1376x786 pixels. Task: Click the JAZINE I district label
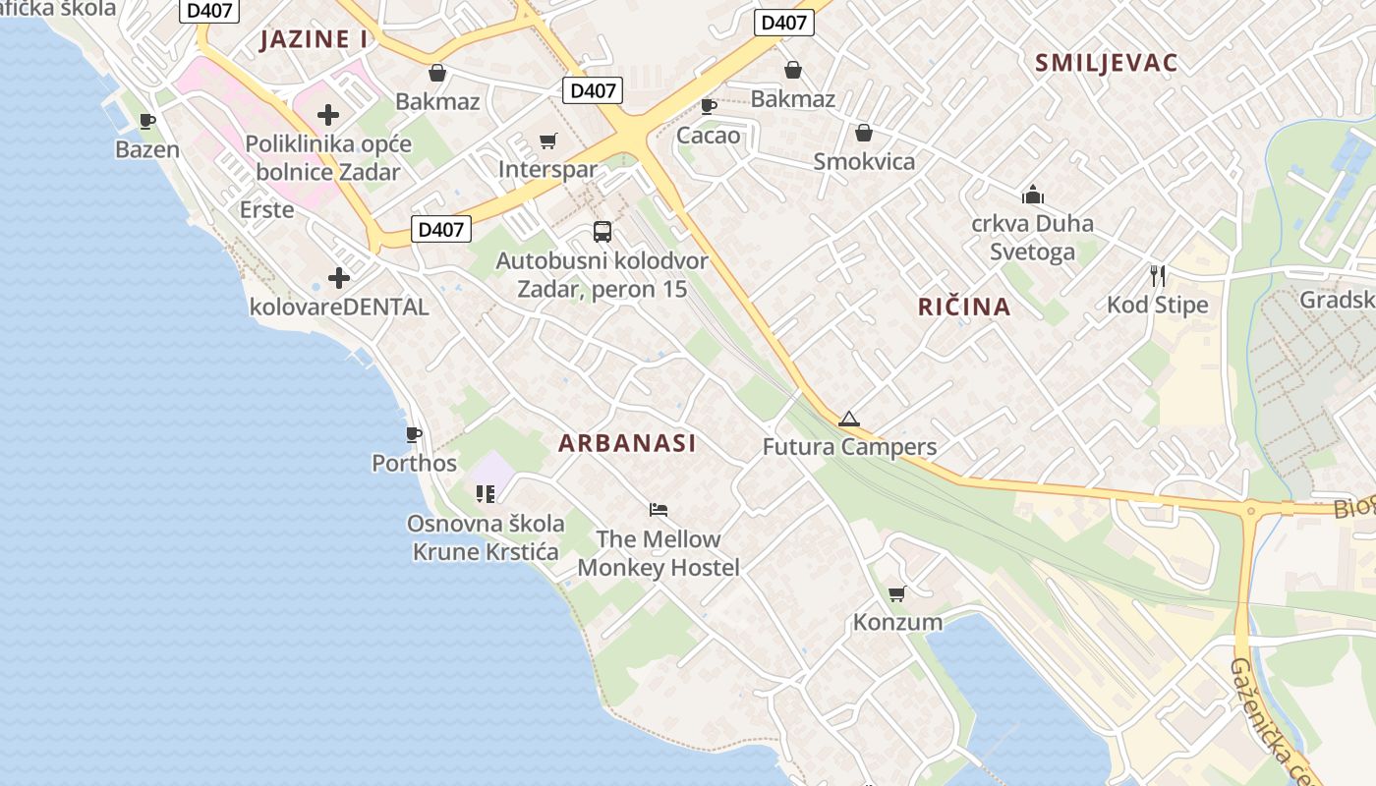point(314,39)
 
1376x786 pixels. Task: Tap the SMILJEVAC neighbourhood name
point(1106,63)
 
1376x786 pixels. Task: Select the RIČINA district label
point(964,307)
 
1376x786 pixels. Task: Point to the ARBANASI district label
point(627,443)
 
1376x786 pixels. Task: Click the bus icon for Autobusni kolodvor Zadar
point(602,232)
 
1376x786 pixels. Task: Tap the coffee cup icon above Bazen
point(147,122)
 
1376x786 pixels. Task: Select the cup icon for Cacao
point(708,106)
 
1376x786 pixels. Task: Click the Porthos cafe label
point(414,463)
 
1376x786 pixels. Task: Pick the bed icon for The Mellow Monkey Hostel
point(659,509)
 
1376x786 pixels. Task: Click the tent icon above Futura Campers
point(849,419)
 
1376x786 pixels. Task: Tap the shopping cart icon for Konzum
point(896,593)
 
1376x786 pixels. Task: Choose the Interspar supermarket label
point(547,169)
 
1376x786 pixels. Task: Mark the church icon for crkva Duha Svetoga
point(1032,195)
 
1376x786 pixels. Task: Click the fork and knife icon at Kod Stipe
point(1158,275)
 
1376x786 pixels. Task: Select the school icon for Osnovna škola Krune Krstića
point(486,493)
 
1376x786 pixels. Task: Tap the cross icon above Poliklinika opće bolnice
point(328,115)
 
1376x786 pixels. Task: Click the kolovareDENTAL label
point(339,307)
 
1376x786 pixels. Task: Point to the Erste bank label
point(266,209)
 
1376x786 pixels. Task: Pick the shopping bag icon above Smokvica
point(864,133)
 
